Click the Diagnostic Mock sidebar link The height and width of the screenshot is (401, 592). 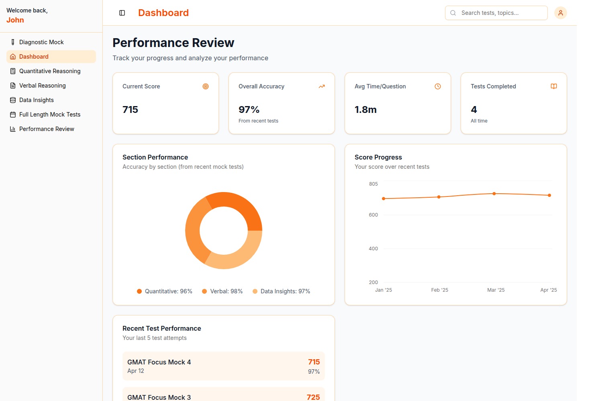point(41,42)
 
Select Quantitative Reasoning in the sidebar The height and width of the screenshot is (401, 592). point(50,71)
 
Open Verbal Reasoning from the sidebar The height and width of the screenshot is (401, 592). point(42,86)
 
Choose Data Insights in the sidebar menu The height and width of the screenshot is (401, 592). point(36,100)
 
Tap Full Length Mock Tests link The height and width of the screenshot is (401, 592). point(50,115)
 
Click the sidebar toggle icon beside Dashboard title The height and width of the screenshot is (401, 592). point(122,13)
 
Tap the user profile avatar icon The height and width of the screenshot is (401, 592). point(560,13)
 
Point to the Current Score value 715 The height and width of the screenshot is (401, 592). point(130,110)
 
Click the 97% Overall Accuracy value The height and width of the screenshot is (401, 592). point(249,110)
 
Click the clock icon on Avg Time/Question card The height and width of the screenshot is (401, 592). point(438,86)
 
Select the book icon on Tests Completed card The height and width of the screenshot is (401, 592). point(553,86)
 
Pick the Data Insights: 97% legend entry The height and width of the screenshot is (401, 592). point(282,291)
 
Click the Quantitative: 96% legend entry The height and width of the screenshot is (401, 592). point(165,291)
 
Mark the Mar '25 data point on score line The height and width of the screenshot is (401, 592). point(494,194)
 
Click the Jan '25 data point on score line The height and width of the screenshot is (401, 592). point(384,198)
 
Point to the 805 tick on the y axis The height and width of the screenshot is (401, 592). point(373,184)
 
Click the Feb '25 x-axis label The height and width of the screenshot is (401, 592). point(439,290)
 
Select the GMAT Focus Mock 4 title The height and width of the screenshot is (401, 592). point(159,362)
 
